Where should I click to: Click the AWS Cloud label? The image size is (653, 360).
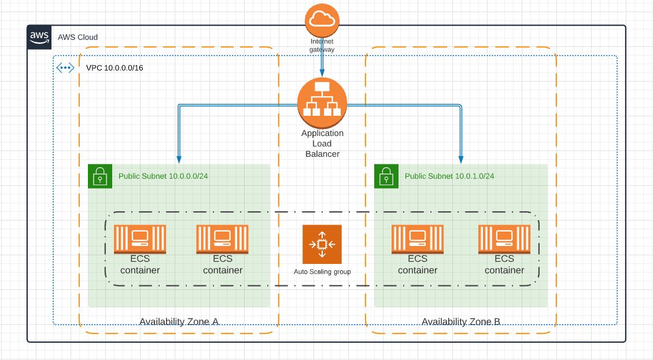click(78, 37)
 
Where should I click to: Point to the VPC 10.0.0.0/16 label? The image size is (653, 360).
click(115, 68)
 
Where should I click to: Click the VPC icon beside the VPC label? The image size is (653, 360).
click(65, 68)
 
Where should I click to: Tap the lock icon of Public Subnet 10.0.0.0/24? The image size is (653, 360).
click(99, 176)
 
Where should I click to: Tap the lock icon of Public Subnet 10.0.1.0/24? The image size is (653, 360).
click(386, 176)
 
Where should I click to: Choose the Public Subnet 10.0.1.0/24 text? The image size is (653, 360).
click(449, 176)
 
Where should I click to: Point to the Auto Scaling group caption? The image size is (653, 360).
click(322, 271)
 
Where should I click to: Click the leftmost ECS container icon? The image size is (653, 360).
click(140, 238)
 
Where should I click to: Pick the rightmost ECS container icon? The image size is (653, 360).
click(504, 238)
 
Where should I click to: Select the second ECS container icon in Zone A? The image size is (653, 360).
click(222, 238)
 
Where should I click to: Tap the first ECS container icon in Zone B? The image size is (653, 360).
click(418, 238)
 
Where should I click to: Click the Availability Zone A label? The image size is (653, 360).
click(179, 322)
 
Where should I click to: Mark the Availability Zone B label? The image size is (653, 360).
click(461, 322)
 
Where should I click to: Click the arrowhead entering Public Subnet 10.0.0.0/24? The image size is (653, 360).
click(179, 160)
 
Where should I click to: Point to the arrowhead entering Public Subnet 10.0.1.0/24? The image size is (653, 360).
click(462, 160)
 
